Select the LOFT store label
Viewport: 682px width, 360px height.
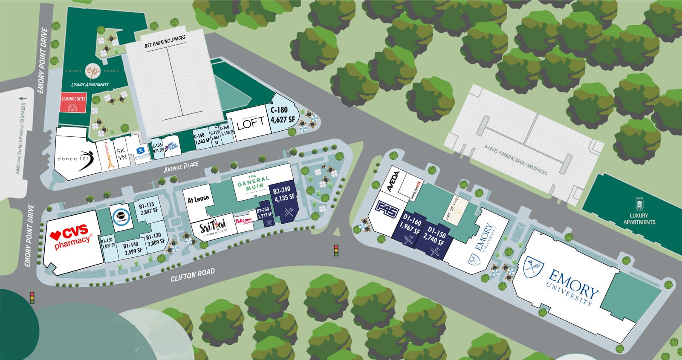(251, 124)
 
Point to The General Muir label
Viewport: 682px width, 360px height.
(253, 185)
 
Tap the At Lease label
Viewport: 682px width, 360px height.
(198, 199)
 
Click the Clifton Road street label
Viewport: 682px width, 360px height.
(193, 275)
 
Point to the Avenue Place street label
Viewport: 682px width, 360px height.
(181, 167)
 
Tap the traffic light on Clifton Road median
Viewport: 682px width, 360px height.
(336, 250)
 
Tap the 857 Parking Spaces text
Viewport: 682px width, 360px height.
(165, 42)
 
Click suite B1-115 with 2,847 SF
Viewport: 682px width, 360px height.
(149, 208)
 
